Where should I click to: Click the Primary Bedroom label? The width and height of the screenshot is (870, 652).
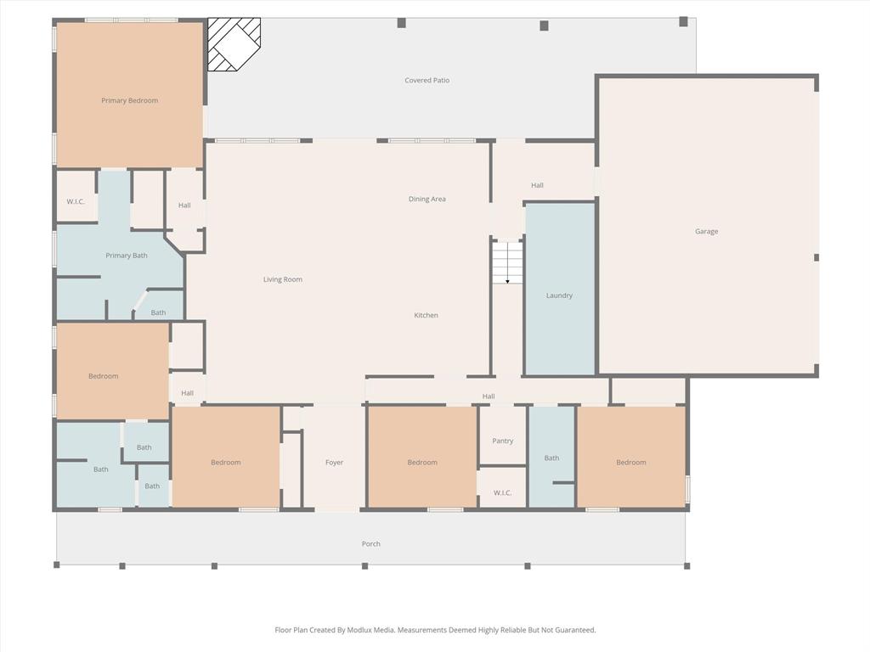click(129, 101)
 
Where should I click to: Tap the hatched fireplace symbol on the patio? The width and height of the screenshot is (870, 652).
click(234, 44)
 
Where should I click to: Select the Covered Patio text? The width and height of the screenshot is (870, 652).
click(427, 81)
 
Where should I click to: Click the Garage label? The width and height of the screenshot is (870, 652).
click(706, 232)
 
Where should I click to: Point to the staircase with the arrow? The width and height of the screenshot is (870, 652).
click(507, 262)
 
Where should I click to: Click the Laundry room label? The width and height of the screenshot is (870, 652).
click(559, 295)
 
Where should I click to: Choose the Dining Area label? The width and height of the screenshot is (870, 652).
click(427, 200)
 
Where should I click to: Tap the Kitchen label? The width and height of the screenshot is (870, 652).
click(426, 316)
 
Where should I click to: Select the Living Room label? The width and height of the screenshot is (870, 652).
click(282, 279)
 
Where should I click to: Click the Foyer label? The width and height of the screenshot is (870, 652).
click(334, 463)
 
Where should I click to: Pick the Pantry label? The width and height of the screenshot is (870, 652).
click(502, 441)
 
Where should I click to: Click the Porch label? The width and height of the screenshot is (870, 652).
click(370, 544)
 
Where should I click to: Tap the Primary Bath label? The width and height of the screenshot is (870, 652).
click(127, 256)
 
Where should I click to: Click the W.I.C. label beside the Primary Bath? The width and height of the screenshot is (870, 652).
click(76, 202)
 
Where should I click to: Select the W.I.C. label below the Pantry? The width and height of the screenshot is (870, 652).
click(502, 493)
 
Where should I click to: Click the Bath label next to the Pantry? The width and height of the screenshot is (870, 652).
click(551, 458)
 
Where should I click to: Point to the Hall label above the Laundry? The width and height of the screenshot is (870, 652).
click(537, 185)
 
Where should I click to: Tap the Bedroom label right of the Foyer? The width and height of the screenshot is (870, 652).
click(421, 463)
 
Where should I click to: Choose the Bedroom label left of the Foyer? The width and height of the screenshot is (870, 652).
click(225, 463)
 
